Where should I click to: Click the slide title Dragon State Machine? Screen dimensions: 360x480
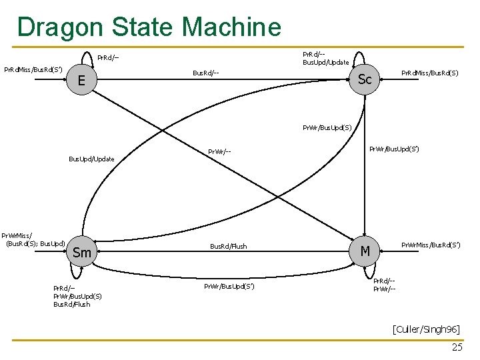149,27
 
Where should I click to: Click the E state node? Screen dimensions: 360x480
81,81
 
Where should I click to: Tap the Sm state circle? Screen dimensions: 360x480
81,253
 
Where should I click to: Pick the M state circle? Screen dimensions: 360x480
365,251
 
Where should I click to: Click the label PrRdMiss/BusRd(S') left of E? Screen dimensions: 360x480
33,69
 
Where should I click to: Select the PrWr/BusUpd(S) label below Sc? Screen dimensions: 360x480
327,127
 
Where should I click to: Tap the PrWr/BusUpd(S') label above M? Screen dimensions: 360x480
394,149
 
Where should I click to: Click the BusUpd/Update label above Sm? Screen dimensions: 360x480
92,159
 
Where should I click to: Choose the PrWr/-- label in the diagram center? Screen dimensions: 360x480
219,152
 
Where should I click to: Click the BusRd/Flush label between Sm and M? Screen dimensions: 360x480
229,247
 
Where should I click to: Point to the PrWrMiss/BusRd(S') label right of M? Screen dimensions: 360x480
430,246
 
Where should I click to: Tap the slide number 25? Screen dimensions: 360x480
457,347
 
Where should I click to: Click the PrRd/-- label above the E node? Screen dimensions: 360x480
108,58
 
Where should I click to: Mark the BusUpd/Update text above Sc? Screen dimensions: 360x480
326,63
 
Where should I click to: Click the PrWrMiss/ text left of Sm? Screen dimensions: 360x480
17,235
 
